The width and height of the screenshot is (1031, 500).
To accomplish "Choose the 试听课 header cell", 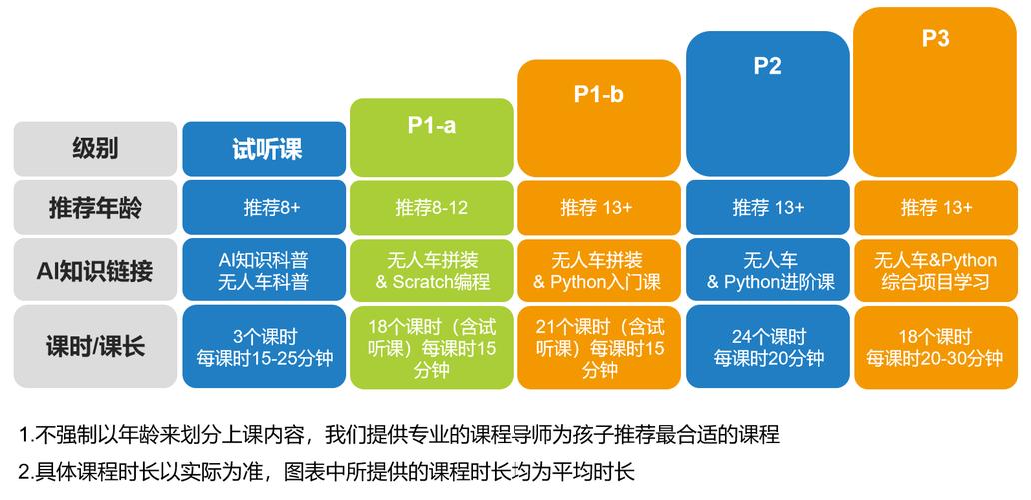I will click(264, 149).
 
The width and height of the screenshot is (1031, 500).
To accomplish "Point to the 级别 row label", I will click(95, 149).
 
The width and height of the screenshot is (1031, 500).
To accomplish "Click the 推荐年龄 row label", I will click(95, 208).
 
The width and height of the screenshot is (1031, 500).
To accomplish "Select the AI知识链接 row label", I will click(95, 270).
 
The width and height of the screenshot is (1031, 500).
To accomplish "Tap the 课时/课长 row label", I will click(95, 347).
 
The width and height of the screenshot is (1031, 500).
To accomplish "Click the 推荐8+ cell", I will click(264, 208).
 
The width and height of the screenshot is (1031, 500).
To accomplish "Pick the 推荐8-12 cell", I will click(431, 208).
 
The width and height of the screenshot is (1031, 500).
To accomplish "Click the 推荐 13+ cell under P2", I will click(767, 208).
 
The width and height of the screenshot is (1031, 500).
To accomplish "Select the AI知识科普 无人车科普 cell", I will click(264, 270).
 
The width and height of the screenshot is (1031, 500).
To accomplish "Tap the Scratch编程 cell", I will click(431, 270).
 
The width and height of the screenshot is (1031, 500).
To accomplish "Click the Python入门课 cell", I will click(598, 270).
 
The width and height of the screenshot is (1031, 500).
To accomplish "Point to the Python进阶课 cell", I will click(767, 270).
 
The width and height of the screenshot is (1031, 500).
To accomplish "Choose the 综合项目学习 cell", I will click(935, 270).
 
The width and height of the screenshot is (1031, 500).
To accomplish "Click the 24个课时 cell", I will click(767, 347).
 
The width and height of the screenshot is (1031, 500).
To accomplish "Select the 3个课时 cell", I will click(264, 347).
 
